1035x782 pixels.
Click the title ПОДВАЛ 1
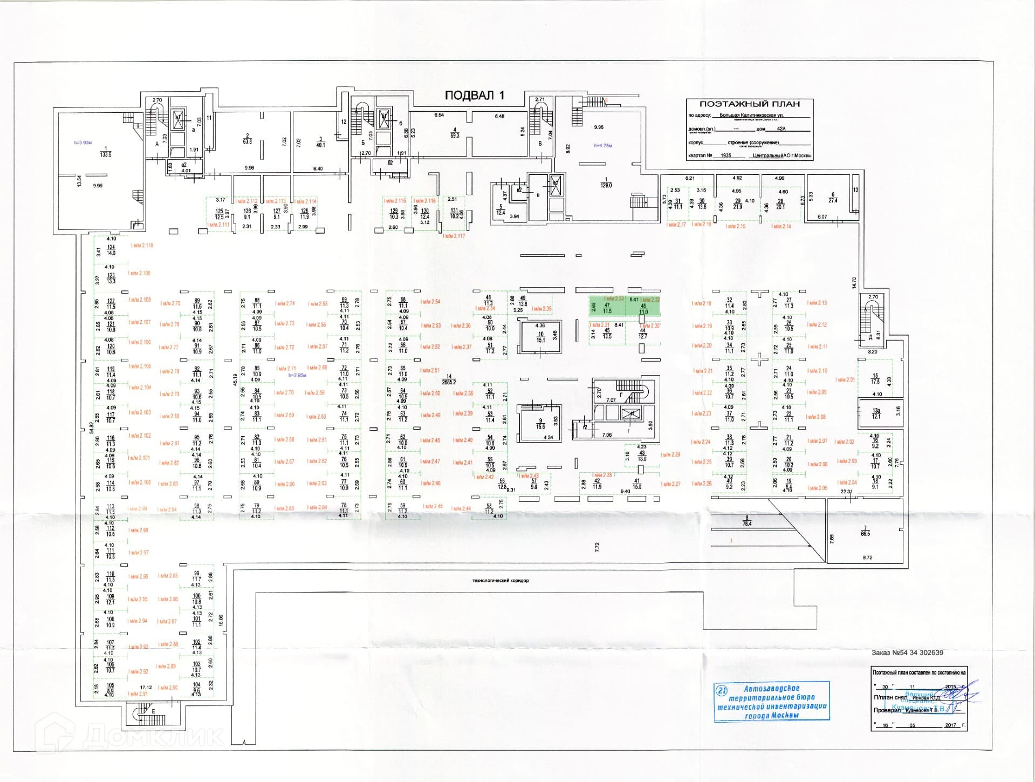[475, 96]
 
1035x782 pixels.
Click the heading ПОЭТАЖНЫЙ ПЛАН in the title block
[749, 104]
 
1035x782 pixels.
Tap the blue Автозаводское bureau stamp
[771, 702]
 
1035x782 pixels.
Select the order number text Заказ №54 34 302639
[907, 652]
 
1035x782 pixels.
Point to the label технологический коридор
[499, 581]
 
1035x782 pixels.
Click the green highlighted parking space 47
[607, 308]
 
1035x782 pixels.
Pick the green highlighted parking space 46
[643, 308]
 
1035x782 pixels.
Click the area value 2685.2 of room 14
[448, 382]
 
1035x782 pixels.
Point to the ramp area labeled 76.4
[747, 521]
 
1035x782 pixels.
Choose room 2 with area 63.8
[247, 139]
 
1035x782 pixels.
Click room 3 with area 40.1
[320, 142]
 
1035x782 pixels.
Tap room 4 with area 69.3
[455, 133]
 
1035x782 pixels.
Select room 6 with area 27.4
[833, 198]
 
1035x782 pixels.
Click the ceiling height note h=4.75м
[603, 146]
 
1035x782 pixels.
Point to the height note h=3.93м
[84, 142]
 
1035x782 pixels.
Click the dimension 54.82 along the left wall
[91, 427]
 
